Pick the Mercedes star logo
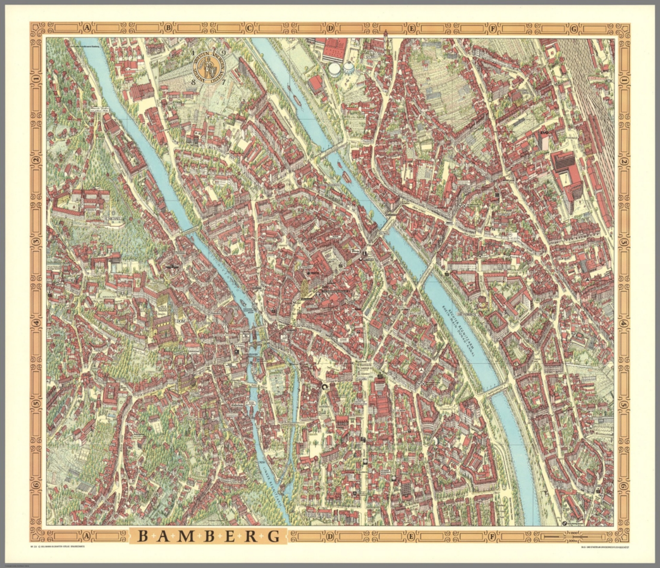point(422,371)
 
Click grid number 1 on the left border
point(37,79)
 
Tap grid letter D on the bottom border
point(330,536)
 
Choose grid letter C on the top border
point(249,29)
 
